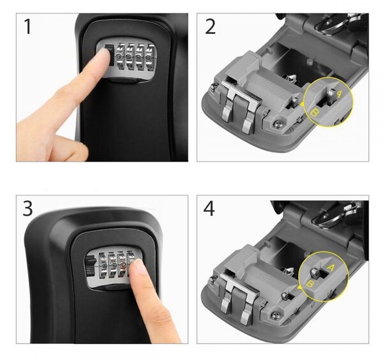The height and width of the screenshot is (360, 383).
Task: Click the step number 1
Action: point(28,26)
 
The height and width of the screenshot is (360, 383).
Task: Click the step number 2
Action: point(210,26)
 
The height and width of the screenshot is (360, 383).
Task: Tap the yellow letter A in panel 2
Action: point(340,94)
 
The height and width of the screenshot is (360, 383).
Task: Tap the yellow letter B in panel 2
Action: point(315,113)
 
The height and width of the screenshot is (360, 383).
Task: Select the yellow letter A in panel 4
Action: point(330,268)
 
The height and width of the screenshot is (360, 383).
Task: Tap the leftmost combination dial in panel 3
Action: point(102,266)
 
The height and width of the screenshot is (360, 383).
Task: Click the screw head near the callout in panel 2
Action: point(277,124)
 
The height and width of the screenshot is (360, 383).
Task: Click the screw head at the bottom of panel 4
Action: point(274,317)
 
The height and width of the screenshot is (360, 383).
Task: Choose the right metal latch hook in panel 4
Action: point(246,311)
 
